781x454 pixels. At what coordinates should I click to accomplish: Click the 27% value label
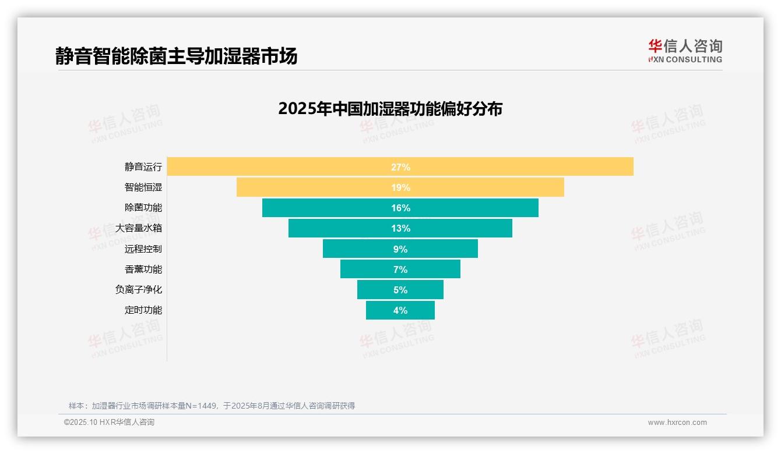pos(400,167)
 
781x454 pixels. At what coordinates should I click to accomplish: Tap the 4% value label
pos(400,310)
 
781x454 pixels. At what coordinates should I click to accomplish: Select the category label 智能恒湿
pos(143,187)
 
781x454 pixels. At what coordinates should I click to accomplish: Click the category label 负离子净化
pos(139,290)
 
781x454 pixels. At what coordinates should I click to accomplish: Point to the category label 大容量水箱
pos(139,228)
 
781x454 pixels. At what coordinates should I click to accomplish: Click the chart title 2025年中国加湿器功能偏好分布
pos(390,109)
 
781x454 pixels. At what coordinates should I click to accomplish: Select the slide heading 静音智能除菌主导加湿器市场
pos(177,56)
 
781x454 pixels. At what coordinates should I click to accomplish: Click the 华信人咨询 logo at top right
pos(685,51)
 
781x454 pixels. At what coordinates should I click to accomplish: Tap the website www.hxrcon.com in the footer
pos(677,423)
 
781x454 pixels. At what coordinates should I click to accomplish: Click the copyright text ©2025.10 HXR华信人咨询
pos(109,423)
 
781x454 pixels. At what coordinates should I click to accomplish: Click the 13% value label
pos(400,228)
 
